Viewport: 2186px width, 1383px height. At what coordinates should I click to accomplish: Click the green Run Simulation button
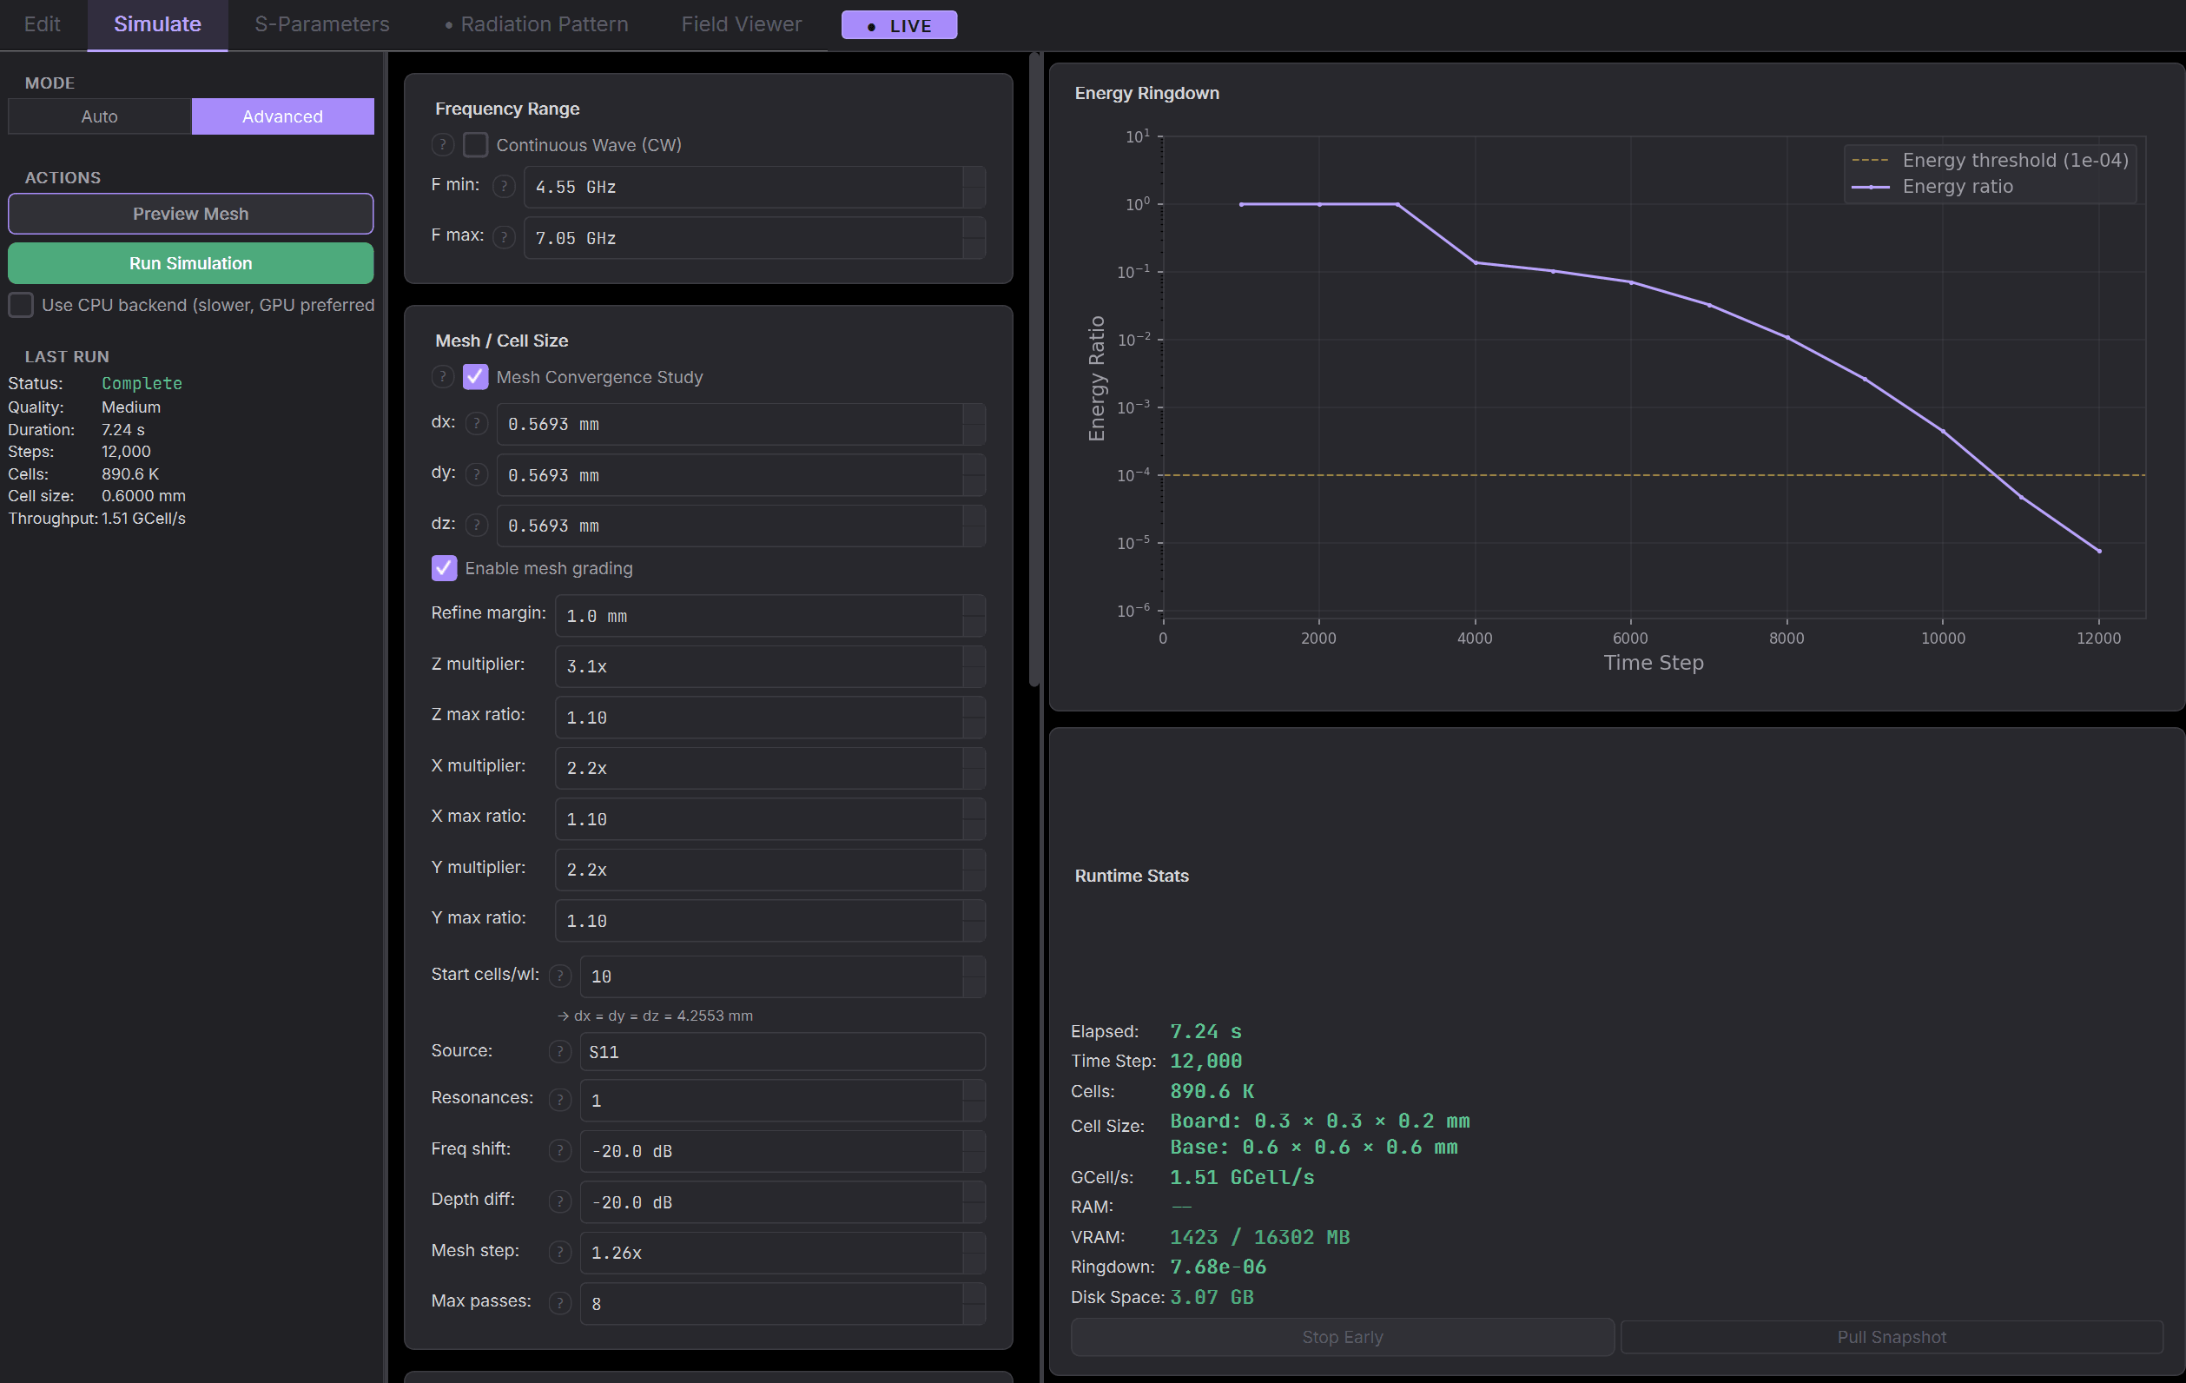click(x=191, y=263)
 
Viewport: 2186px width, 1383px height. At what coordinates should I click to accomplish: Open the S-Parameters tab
click(x=322, y=24)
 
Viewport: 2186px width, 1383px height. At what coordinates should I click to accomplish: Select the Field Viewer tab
click(x=742, y=24)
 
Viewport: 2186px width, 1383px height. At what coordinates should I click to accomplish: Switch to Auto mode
click(x=100, y=116)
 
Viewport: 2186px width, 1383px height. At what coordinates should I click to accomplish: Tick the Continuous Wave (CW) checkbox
click(x=476, y=145)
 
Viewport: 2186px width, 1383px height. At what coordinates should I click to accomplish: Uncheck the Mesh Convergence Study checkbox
click(x=476, y=377)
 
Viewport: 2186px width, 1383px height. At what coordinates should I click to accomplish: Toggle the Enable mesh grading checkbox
click(x=444, y=568)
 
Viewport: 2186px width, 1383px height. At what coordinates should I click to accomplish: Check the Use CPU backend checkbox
click(x=21, y=305)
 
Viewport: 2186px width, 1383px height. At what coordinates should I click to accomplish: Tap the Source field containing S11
click(x=782, y=1051)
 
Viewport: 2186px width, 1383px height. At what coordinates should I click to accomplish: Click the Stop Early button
click(x=1343, y=1337)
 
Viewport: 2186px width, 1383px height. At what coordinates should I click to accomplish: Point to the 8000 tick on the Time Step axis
click(x=1786, y=639)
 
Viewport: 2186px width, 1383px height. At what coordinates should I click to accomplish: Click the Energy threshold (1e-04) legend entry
click(x=1990, y=161)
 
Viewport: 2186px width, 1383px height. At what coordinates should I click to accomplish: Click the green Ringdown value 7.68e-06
click(x=1218, y=1267)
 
